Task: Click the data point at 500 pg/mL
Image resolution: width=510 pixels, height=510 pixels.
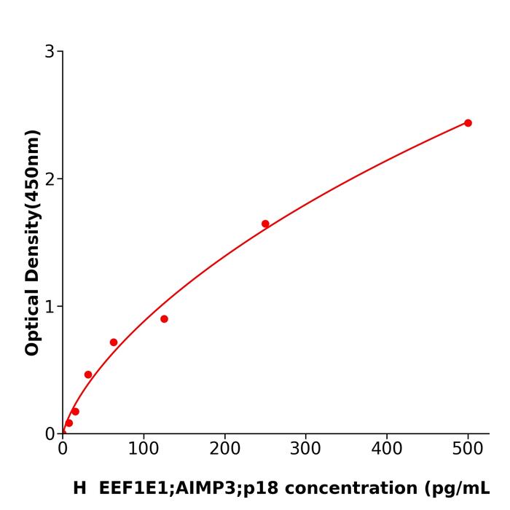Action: [x=468, y=123]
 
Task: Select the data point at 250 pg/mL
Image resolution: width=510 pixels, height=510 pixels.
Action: [x=265, y=224]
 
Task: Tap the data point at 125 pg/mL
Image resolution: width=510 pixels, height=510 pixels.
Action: [x=164, y=319]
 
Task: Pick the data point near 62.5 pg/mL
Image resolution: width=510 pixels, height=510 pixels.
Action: [x=114, y=342]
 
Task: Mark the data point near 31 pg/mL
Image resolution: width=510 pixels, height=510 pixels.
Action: [x=88, y=374]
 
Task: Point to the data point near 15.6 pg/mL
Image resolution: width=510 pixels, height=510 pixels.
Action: [x=75, y=412]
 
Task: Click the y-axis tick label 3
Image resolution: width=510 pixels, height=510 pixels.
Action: [x=50, y=52]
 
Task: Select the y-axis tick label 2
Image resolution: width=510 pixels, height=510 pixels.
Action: [x=50, y=179]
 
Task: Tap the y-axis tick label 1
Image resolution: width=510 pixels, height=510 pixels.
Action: [x=50, y=307]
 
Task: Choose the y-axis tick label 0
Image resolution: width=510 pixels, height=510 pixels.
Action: [x=50, y=434]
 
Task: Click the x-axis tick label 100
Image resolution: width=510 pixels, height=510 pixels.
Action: [x=144, y=450]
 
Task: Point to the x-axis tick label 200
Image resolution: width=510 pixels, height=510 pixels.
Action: [x=224, y=450]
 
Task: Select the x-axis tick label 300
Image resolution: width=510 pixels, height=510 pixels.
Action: [x=305, y=450]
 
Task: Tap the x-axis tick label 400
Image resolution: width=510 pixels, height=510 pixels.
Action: [x=387, y=450]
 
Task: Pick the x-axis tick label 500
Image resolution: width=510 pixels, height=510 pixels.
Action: [x=468, y=450]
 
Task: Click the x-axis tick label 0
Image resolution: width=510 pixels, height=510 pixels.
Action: [x=63, y=450]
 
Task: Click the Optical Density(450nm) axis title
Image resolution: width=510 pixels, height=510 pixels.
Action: [x=32, y=243]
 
